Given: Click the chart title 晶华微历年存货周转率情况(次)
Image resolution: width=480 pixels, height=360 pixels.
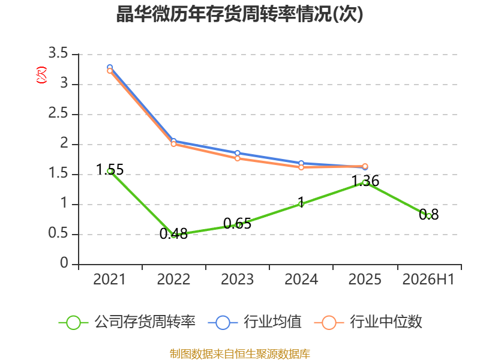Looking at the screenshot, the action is tap(239, 14).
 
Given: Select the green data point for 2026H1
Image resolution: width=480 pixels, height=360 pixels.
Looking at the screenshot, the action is tap(429, 216).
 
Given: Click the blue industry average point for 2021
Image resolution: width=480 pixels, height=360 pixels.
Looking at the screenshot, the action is tap(110, 67).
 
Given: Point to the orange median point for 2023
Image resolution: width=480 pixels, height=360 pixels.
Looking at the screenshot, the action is tap(237, 158).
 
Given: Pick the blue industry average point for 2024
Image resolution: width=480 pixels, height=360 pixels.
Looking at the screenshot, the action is tap(301, 163).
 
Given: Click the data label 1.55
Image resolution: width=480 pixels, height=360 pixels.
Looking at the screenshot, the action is tap(110, 170).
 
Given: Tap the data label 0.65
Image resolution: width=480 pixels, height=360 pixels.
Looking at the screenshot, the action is tap(237, 223).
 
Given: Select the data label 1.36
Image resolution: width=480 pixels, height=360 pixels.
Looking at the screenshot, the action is tap(365, 181).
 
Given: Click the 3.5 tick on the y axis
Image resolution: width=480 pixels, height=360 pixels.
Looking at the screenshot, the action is tap(58, 53).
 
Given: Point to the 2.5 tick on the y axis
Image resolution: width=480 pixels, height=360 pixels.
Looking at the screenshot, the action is tap(58, 113).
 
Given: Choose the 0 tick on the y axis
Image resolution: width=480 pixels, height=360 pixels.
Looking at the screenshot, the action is tap(64, 263).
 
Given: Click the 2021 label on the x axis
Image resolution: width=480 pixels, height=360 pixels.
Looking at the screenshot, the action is tap(109, 279).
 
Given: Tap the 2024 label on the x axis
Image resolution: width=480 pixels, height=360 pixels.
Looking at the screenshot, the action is tap(301, 279).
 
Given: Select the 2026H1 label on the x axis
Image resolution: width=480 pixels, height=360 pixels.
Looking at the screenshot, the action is tap(428, 279).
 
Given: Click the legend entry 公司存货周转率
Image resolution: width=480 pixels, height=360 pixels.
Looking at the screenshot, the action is tap(127, 322).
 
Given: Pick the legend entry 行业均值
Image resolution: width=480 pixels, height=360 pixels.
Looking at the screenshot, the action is tap(254, 322).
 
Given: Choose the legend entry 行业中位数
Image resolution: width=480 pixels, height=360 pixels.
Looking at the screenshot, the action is tap(368, 322).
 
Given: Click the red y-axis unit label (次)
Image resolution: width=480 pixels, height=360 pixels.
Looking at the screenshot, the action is tap(41, 74).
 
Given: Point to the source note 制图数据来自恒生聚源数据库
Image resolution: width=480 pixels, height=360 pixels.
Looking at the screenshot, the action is tap(240, 354).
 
